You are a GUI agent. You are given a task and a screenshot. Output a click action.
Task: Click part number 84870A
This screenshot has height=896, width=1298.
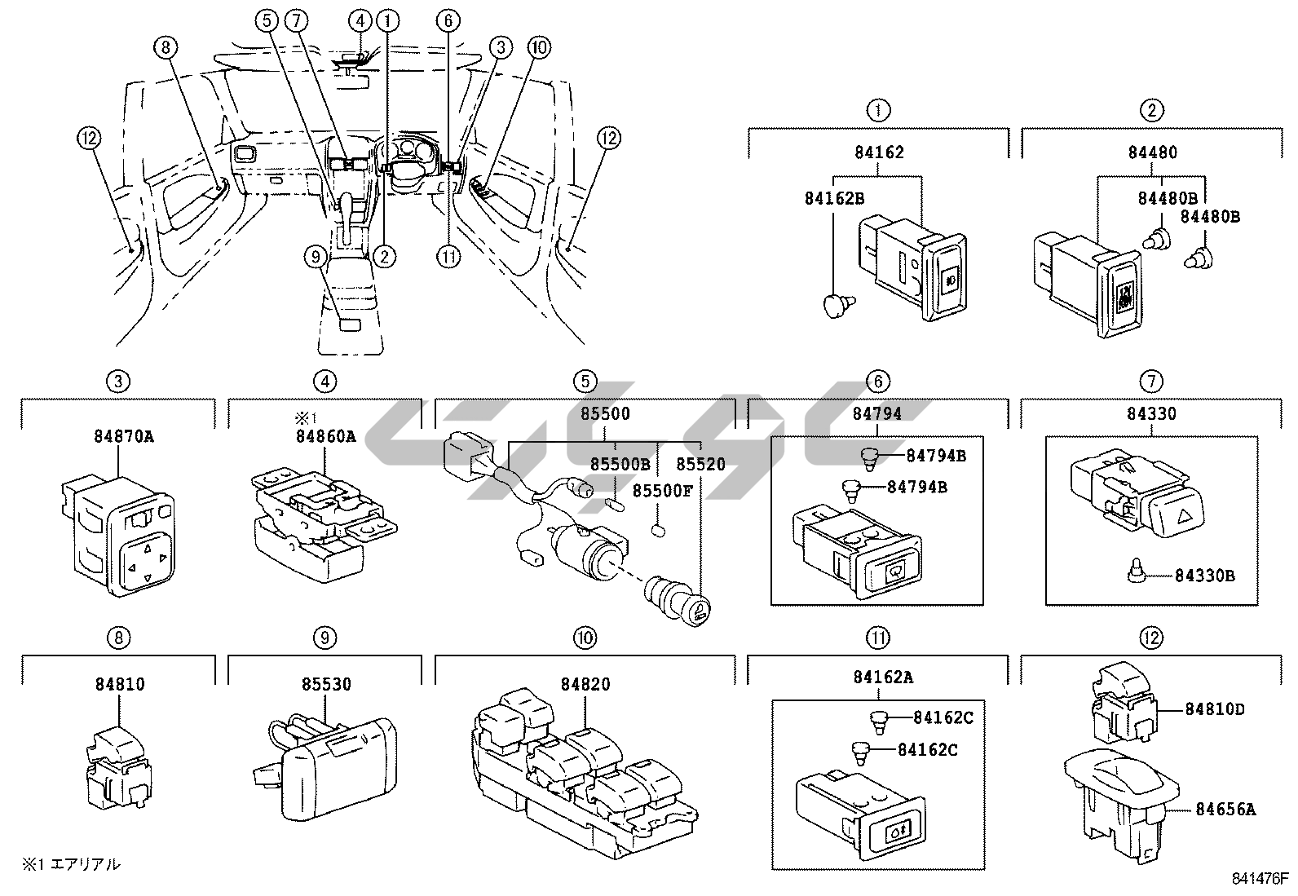pos(118,435)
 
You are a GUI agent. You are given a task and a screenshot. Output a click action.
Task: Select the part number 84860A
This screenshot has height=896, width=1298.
pos(324,436)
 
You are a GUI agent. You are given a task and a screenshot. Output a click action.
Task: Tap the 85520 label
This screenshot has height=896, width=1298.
pos(700,464)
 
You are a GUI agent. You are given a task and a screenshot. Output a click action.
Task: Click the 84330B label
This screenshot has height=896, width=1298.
pos(1204,576)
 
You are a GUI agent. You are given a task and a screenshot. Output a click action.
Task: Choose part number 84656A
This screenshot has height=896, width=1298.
pos(1225,810)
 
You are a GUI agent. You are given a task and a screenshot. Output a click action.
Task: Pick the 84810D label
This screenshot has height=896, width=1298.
pos(1215,708)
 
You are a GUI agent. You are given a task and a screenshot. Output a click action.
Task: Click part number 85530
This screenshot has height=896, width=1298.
pos(324,684)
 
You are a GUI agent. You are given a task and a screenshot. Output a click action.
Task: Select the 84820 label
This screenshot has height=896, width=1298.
pos(585,684)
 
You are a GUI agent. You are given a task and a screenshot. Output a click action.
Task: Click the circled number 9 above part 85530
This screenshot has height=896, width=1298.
pos(324,638)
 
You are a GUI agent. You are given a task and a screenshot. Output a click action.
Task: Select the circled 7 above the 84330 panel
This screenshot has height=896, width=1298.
pos(1150,380)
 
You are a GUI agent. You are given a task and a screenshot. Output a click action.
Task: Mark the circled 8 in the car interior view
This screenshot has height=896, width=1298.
pos(165,48)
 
